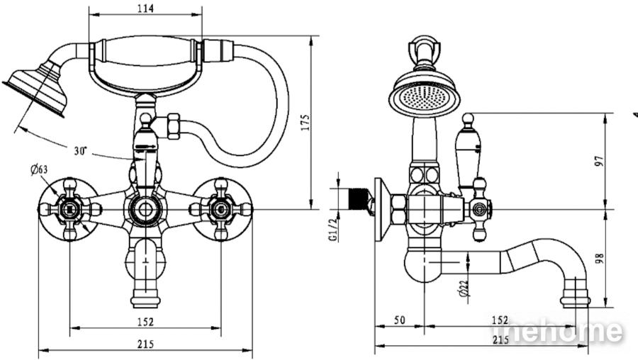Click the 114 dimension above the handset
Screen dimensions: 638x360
(x=145, y=8)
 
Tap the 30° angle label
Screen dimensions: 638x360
(x=81, y=151)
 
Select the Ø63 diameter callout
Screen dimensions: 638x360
(x=39, y=169)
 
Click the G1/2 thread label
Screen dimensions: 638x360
(x=333, y=230)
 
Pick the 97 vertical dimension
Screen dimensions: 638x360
(x=600, y=162)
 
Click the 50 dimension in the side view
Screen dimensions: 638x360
(x=400, y=320)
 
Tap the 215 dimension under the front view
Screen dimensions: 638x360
(x=145, y=344)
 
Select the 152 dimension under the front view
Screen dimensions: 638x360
(x=145, y=322)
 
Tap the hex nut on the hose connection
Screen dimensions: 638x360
(x=174, y=126)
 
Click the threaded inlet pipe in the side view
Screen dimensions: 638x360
(x=359, y=200)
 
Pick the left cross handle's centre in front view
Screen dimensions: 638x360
(x=70, y=210)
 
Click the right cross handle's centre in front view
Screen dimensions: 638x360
(x=220, y=210)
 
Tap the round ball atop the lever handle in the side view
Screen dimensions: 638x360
(x=469, y=119)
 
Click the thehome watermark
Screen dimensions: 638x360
(x=556, y=330)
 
